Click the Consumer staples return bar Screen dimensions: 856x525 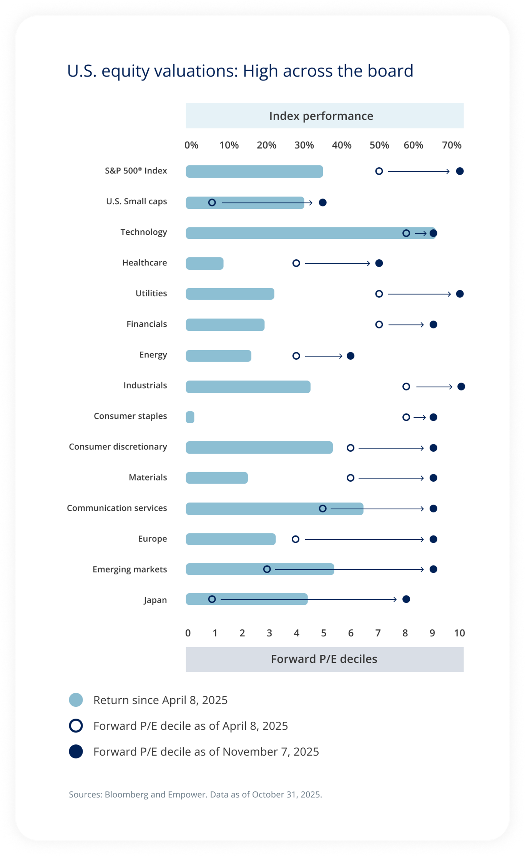pos(190,417)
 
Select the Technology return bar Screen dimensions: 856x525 pos(292,233)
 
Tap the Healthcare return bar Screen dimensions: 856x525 pos(204,264)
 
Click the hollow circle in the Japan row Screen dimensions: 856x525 pos(212,599)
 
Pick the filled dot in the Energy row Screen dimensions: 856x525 pos(351,356)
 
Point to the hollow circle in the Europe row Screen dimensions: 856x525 pos(295,539)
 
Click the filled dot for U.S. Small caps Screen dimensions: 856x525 pos(323,202)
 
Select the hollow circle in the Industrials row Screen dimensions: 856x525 pos(406,386)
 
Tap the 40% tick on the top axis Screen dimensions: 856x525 pos(341,145)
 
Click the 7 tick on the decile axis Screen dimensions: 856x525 pos(378,633)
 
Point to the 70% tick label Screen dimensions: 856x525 pos(451,145)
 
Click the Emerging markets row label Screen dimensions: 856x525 pos(130,569)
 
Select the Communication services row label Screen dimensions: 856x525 pos(117,508)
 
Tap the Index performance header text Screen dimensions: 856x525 pos(321,116)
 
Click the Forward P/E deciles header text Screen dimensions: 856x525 pos(324,659)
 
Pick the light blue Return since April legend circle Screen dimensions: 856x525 pos(76,700)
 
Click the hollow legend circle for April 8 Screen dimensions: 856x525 pos(76,726)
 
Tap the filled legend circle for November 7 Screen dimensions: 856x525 pos(76,751)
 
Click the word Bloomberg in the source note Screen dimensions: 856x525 pos(126,794)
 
